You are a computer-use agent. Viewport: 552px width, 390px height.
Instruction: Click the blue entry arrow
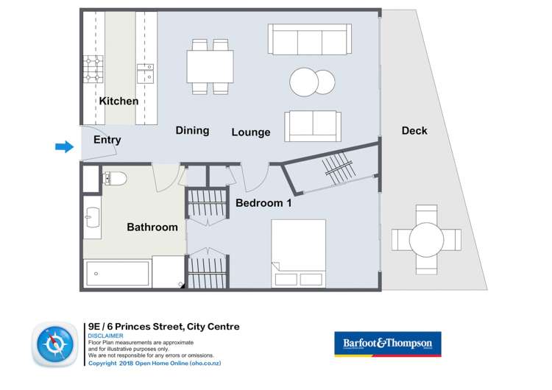[65, 147]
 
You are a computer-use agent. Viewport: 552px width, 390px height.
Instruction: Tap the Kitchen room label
[118, 101]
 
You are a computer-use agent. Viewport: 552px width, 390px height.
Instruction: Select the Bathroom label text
[152, 227]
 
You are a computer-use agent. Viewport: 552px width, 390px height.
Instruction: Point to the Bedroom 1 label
[263, 203]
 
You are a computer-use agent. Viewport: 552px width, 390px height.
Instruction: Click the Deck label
[414, 131]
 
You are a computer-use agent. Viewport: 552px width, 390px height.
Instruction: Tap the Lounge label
[251, 132]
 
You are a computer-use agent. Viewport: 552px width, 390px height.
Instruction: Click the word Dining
[192, 130]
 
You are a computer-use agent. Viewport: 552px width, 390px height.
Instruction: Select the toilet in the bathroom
[116, 178]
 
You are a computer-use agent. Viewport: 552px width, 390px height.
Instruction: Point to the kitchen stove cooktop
[93, 68]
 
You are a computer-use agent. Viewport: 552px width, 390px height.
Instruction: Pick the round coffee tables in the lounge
[311, 81]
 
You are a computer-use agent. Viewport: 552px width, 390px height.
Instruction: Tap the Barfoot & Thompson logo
[388, 343]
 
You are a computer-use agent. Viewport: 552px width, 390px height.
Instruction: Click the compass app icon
[56, 346]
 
